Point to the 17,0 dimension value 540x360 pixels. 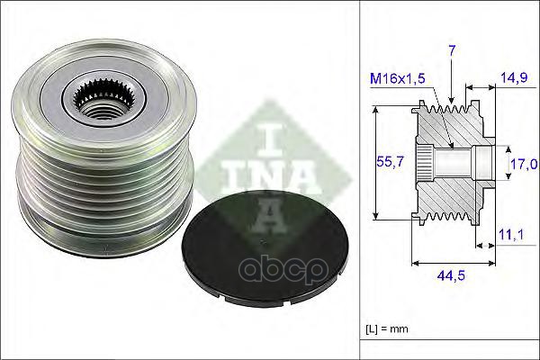(x=523, y=164)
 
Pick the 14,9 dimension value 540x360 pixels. (x=516, y=78)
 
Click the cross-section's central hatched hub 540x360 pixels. (x=450, y=162)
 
